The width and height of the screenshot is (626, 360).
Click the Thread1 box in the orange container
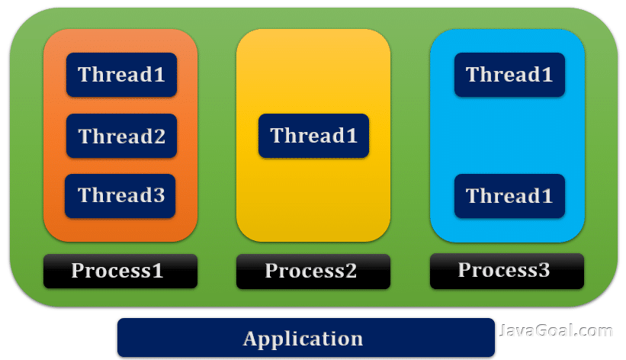coord(121,75)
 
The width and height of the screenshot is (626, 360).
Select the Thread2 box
coord(121,136)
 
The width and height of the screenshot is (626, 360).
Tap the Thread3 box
coord(120,195)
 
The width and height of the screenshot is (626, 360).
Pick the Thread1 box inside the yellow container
coord(313,136)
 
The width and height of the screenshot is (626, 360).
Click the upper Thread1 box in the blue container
coord(509,75)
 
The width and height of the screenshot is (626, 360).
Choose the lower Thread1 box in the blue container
coord(509,195)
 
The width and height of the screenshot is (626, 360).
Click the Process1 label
coord(120,271)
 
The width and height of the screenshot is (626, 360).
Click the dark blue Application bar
coord(305,338)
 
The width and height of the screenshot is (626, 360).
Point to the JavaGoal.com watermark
coord(556,331)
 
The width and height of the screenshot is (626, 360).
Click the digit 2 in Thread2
coord(159,137)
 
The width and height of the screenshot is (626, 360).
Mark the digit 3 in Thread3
coord(159,196)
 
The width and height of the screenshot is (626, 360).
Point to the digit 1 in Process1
coord(158,271)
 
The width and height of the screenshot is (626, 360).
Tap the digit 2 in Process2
coord(350,272)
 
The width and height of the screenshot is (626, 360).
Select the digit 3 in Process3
coord(543,270)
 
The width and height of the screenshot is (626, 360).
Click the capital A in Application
coord(250,339)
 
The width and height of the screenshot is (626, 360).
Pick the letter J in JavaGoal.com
coord(504,331)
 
